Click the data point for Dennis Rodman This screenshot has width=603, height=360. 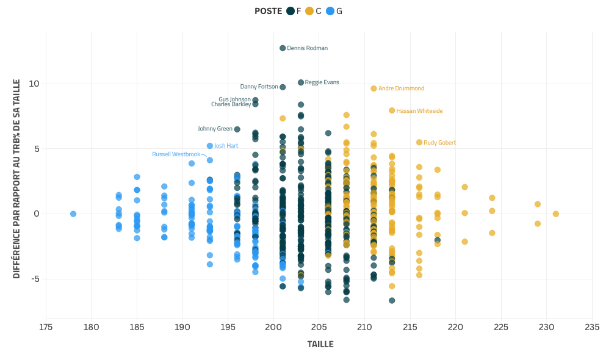click(283, 48)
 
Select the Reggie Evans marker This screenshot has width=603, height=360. click(301, 82)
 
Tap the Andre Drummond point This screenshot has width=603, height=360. click(374, 88)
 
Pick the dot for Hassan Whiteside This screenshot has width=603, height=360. click(392, 110)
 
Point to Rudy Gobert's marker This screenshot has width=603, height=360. click(419, 142)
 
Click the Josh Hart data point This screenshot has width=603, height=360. click(210, 146)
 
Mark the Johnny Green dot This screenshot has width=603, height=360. click(237, 129)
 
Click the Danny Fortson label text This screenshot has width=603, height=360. click(259, 87)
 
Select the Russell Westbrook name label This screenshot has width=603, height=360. click(176, 154)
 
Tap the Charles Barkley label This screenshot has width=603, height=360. click(231, 104)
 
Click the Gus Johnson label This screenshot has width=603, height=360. click(234, 99)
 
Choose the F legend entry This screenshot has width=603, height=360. click(294, 11)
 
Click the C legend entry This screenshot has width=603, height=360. click(314, 11)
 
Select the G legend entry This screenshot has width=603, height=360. click(334, 11)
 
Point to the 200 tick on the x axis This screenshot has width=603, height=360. click(273, 327)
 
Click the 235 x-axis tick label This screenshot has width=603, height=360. click(592, 327)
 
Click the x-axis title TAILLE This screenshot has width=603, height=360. click(320, 345)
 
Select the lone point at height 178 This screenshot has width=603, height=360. click(73, 214)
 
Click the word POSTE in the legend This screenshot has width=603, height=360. click(268, 11)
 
